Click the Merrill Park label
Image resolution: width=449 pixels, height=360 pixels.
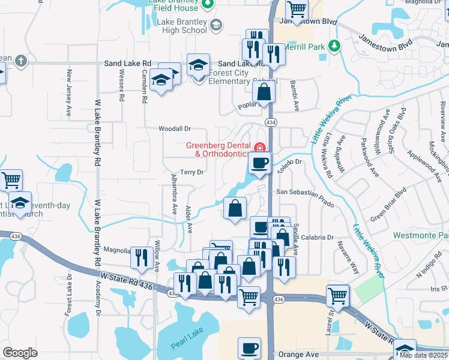click(x=305, y=46)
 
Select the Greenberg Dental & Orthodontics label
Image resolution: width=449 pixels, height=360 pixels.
click(x=217, y=149)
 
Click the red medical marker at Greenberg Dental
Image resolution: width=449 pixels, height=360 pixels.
click(x=260, y=148)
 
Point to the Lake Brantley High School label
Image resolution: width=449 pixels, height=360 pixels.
click(x=182, y=26)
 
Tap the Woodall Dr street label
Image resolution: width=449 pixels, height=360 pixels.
click(x=174, y=128)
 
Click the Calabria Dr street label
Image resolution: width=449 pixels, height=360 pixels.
click(x=318, y=238)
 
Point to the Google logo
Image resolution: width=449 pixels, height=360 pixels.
click(x=20, y=353)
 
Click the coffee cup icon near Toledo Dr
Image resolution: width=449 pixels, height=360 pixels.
click(x=259, y=163)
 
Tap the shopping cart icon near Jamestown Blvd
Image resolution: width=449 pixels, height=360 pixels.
click(x=297, y=10)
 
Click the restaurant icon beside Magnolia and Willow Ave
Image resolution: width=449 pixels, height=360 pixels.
click(x=141, y=257)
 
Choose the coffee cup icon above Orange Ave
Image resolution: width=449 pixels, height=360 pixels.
click(x=249, y=348)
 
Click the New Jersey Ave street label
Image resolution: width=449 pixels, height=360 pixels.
click(x=70, y=84)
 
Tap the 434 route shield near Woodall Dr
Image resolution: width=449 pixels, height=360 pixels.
click(x=271, y=122)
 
